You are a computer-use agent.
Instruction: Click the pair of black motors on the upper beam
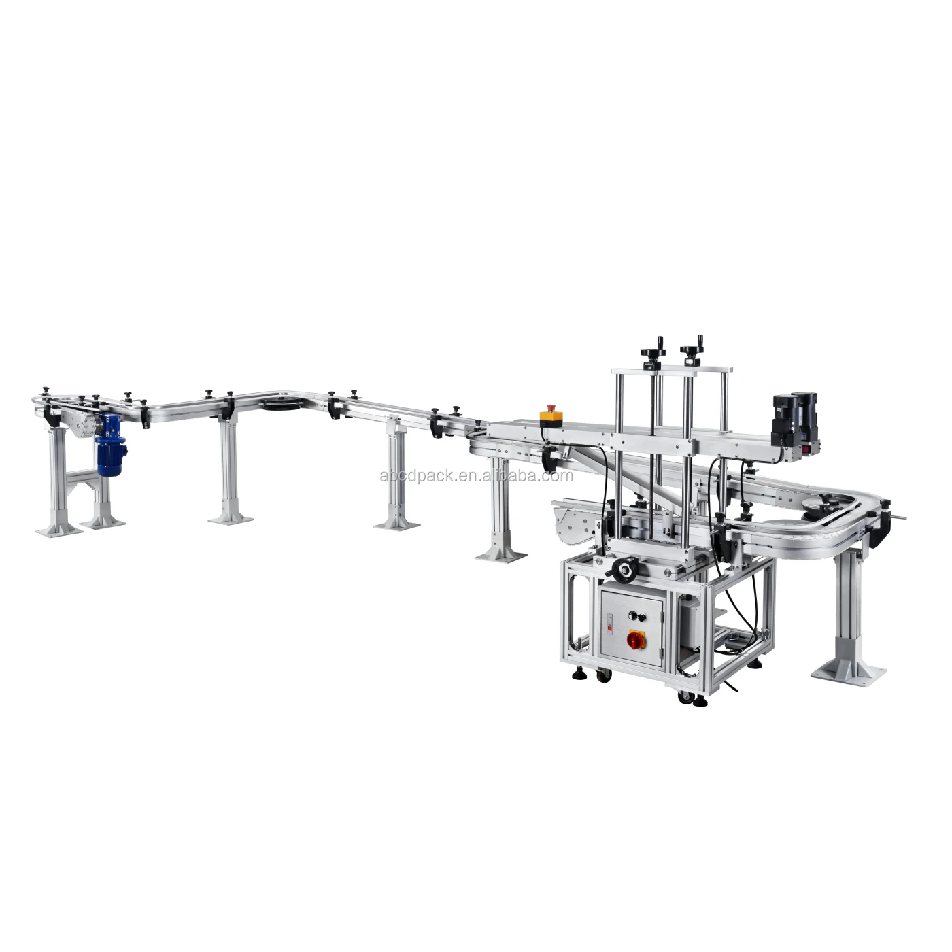click(794, 415)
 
